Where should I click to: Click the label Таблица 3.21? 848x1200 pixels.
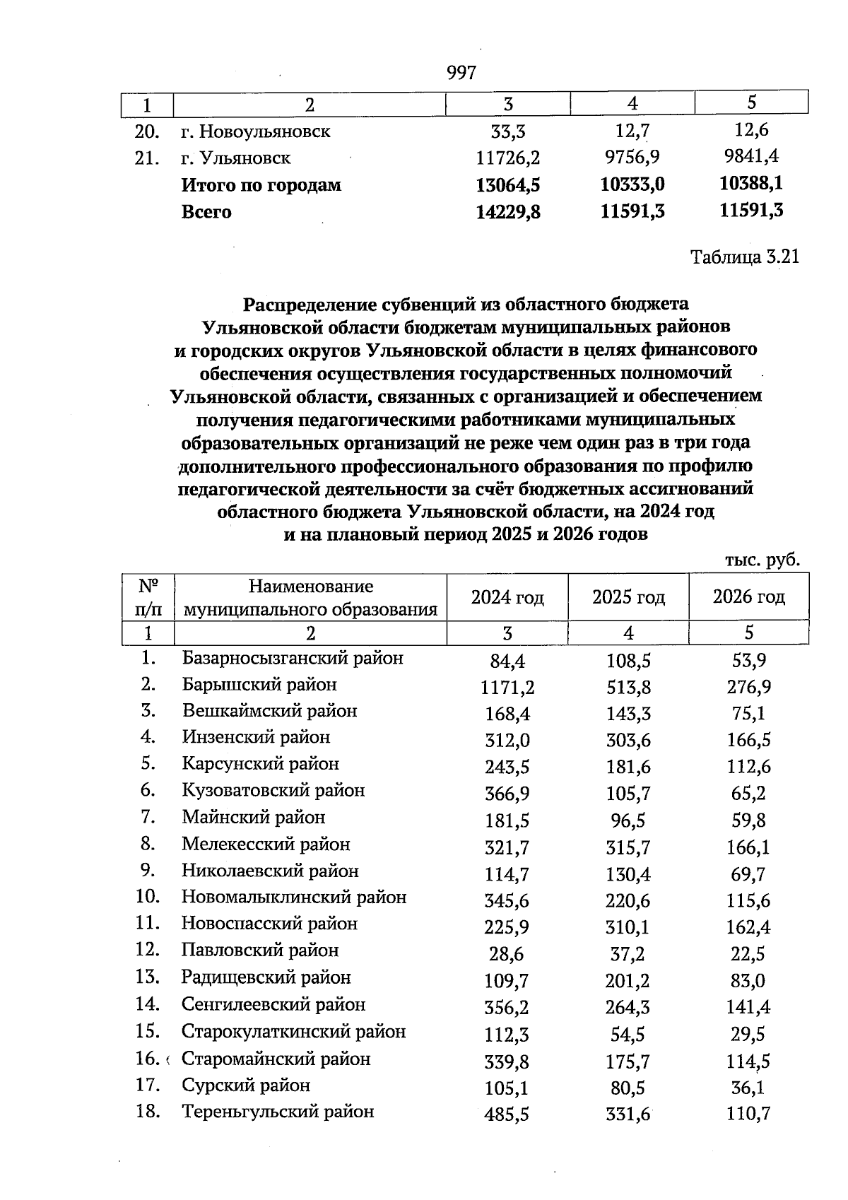pos(744,257)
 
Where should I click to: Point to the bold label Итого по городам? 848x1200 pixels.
pos(261,185)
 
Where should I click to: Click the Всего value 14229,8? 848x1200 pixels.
pos(508,211)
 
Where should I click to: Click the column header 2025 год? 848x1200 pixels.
pos(628,598)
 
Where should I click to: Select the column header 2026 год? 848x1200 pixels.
pos(748,598)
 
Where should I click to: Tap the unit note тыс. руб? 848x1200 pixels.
pos(762,560)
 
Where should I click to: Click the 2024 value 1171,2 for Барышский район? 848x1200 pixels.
pos(507,687)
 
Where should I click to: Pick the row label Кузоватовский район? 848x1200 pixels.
pos(273,790)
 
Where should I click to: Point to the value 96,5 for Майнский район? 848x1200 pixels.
pos(628,820)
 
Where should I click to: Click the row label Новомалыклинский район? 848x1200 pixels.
pos(294,898)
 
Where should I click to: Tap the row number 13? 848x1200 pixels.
pos(146,977)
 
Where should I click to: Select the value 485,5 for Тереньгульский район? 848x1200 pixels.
pos(507,1115)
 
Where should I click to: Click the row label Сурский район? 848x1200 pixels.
pos(246,1086)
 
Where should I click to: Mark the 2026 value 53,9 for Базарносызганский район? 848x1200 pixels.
pos(748,661)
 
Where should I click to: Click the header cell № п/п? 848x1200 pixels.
pos(148,597)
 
